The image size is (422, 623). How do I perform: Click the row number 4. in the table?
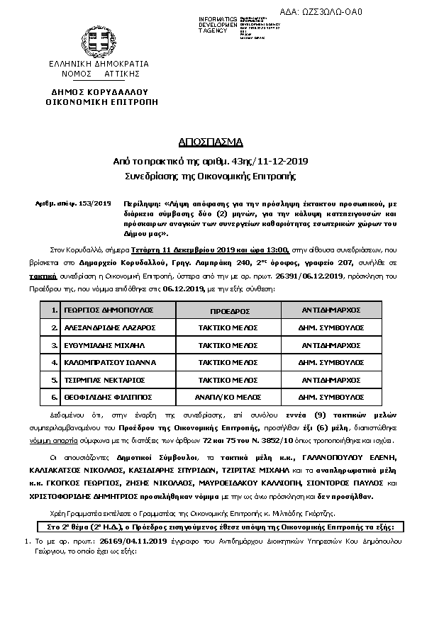[53, 363]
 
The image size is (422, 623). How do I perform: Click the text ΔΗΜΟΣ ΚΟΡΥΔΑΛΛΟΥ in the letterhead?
[99, 92]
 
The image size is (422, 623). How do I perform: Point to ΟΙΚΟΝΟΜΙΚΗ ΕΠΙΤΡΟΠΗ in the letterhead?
[99, 102]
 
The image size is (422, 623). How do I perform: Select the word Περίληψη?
[139, 203]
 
